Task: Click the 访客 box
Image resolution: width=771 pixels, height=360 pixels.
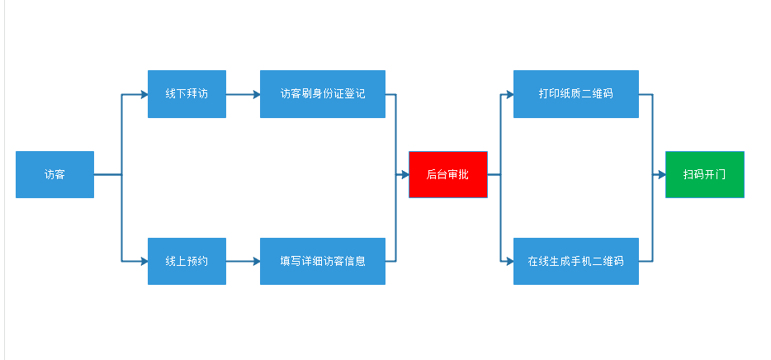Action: (x=54, y=174)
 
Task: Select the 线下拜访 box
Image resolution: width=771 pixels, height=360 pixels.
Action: (x=187, y=94)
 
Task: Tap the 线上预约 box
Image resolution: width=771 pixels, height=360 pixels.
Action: (x=187, y=261)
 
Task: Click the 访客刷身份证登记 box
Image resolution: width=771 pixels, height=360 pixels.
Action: (x=322, y=94)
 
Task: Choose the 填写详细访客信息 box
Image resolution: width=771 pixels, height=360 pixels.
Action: (x=322, y=261)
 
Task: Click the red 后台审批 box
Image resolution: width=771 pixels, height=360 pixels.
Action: (x=447, y=174)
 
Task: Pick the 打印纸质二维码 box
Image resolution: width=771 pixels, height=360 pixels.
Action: (x=575, y=94)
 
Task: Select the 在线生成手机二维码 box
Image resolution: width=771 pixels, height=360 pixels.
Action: (x=575, y=261)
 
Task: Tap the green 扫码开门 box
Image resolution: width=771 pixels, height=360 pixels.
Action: (x=704, y=174)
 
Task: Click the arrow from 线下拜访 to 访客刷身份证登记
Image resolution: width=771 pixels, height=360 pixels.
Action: (x=243, y=94)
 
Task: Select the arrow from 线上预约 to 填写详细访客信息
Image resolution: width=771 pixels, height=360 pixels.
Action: (x=243, y=261)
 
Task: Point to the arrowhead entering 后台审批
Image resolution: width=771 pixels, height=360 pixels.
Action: (x=404, y=174)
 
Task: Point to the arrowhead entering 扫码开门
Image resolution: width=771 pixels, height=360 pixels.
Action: (x=661, y=174)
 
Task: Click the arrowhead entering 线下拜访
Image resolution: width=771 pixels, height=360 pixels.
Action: (x=144, y=94)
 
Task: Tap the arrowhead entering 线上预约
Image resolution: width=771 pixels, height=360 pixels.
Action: (x=144, y=261)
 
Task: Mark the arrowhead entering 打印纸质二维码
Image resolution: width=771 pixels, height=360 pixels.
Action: (x=509, y=94)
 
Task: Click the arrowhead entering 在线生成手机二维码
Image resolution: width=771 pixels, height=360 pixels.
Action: (x=509, y=261)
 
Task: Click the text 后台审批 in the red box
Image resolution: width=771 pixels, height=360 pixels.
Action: (x=447, y=174)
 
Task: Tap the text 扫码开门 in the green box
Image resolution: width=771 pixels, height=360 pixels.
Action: (x=704, y=174)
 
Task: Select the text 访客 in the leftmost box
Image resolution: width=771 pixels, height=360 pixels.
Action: (x=54, y=174)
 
